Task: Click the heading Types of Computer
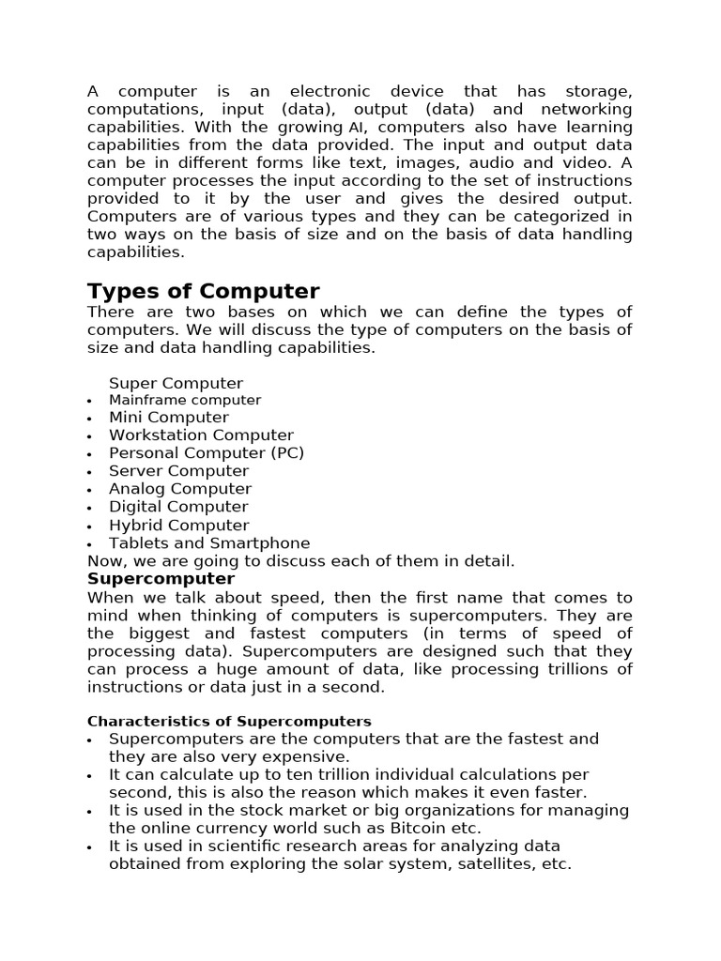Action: coord(203,291)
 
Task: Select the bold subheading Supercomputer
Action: coord(161,579)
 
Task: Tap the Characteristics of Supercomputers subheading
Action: coord(229,722)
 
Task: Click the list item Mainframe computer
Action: coord(185,400)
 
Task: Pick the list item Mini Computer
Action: coord(168,418)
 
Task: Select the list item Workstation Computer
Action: coord(201,435)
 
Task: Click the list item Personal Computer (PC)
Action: coord(207,453)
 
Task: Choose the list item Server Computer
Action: coord(178,471)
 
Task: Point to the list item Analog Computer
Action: coord(180,489)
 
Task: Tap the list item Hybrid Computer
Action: coord(178,526)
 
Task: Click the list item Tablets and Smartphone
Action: coord(209,543)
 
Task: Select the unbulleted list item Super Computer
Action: coord(176,383)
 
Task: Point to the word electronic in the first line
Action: coord(330,92)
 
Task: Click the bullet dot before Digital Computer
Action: coord(89,509)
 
